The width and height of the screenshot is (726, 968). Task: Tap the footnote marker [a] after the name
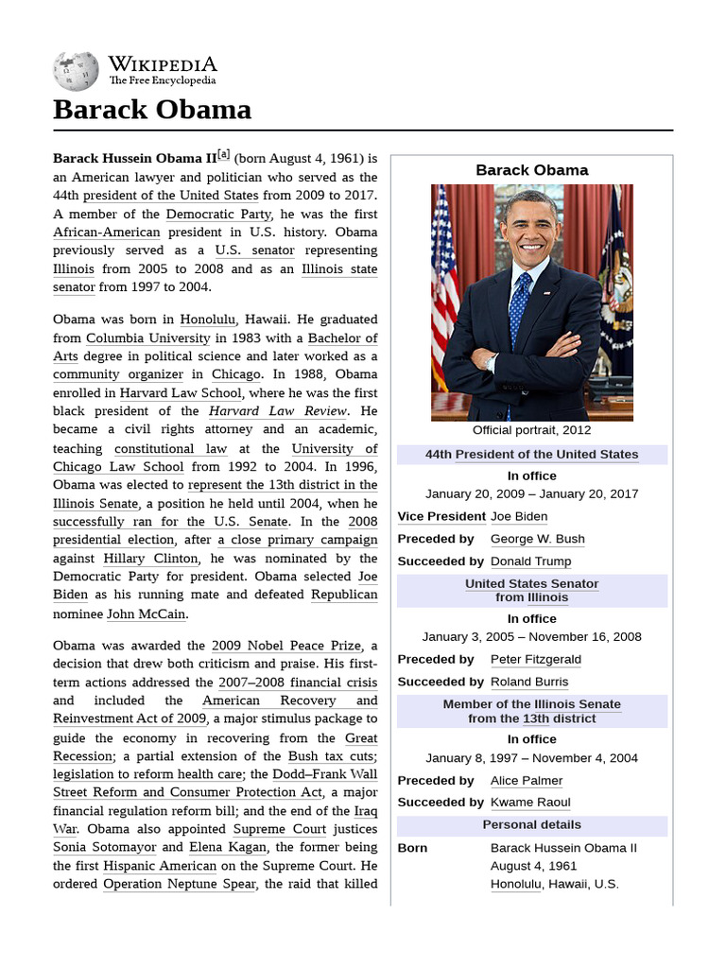tap(223, 156)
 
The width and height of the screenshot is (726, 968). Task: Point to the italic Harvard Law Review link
tap(278, 411)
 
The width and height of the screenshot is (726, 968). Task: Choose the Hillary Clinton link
tap(145, 559)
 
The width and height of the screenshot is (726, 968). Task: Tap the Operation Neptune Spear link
tap(179, 884)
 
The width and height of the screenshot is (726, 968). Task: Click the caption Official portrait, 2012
tap(531, 430)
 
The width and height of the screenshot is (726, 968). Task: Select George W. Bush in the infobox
tap(537, 539)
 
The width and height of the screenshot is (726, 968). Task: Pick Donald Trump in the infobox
tap(530, 562)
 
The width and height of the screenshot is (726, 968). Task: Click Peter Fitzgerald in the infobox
tap(535, 659)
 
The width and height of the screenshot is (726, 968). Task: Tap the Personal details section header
tap(531, 825)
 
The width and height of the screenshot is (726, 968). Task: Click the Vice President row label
tap(441, 516)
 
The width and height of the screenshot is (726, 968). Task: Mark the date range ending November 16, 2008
tap(531, 637)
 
